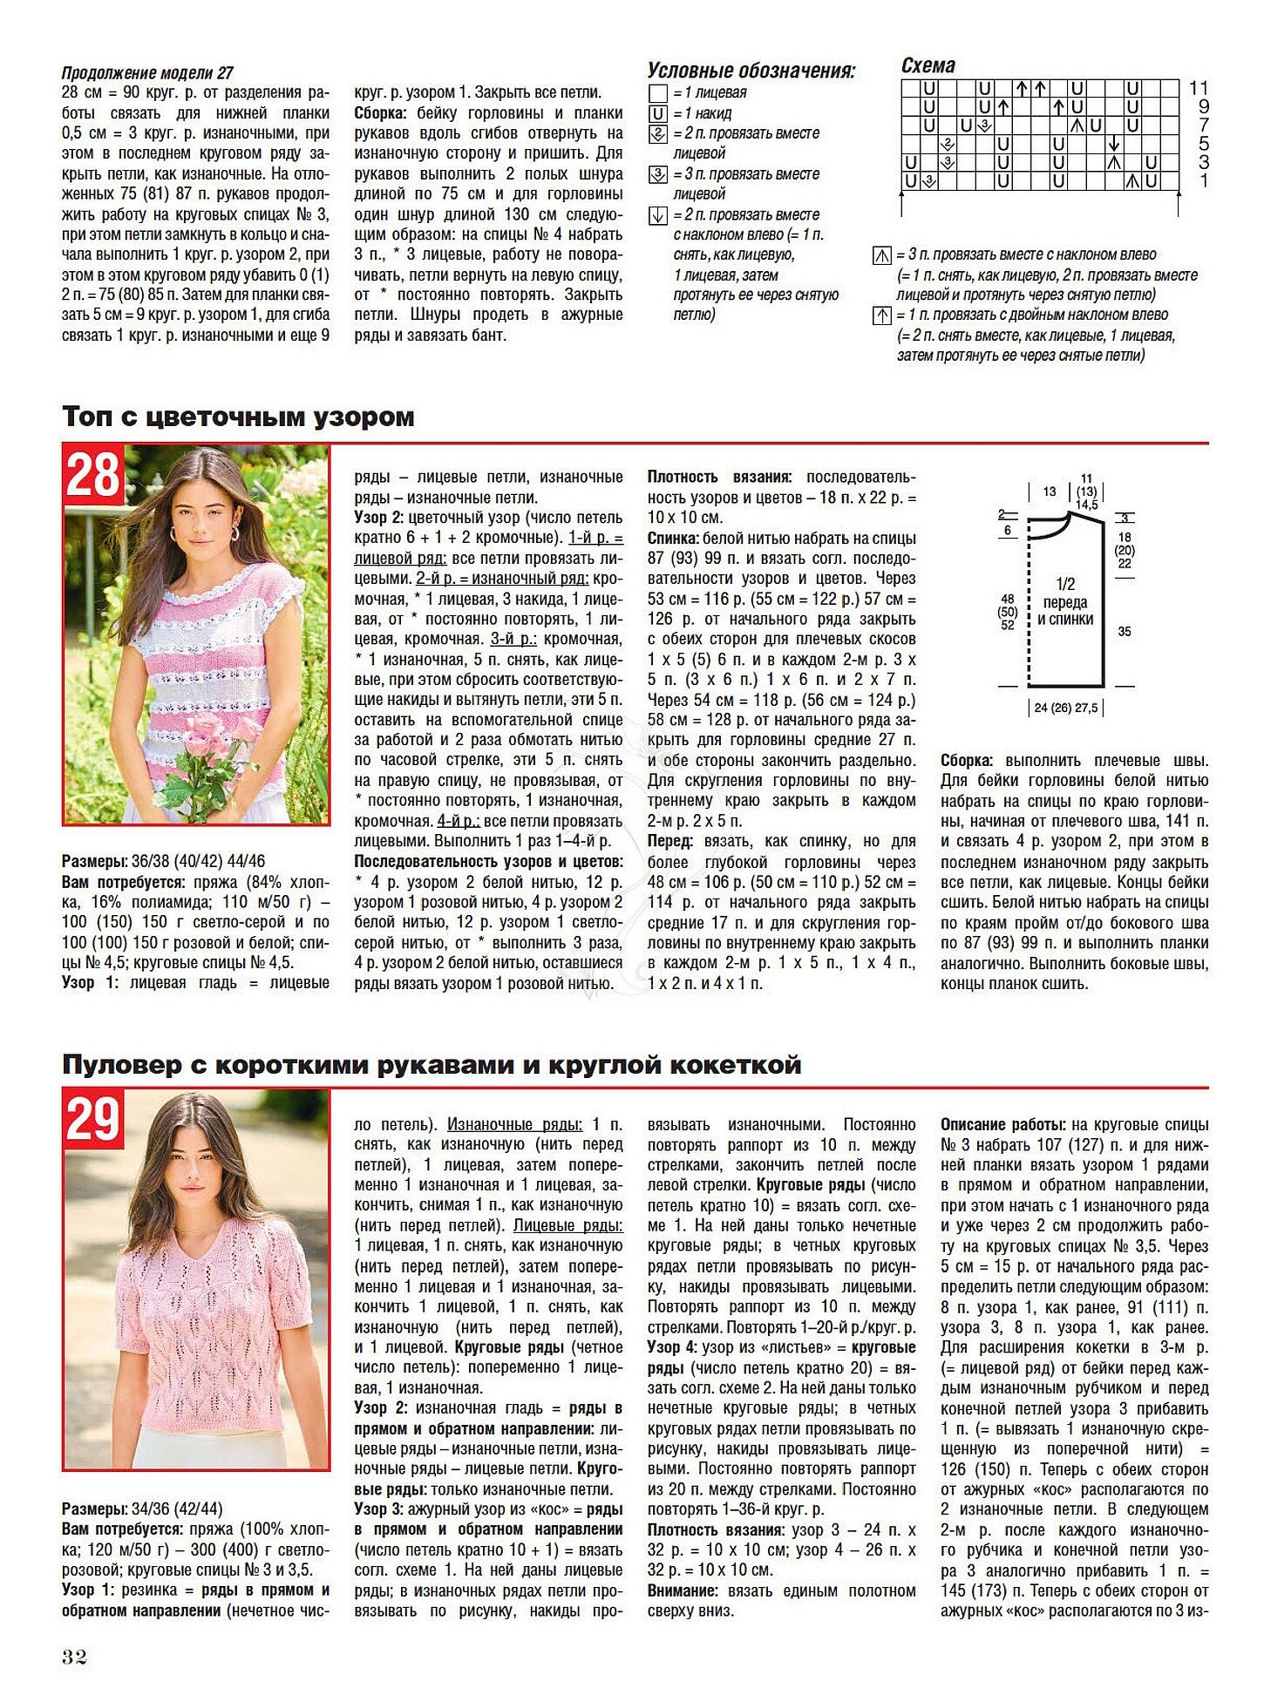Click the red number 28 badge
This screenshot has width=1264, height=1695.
[92, 475]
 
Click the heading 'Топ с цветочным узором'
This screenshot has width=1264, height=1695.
[238, 417]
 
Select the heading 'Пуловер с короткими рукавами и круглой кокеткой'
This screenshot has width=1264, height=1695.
[432, 1065]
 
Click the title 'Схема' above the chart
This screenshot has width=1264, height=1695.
[928, 66]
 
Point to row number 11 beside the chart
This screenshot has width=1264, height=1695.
[1199, 88]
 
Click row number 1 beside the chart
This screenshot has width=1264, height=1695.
[1204, 181]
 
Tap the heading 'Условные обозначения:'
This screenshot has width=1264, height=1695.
[751, 71]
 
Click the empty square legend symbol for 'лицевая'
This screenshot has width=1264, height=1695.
[658, 93]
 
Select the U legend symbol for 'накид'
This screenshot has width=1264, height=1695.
[658, 114]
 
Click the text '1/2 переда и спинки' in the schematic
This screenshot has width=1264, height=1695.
[1064, 601]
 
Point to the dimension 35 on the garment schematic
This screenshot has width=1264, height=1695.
[1125, 631]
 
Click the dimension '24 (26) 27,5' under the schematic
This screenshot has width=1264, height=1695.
[1065, 708]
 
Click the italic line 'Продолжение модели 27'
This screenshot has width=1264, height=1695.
[147, 73]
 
